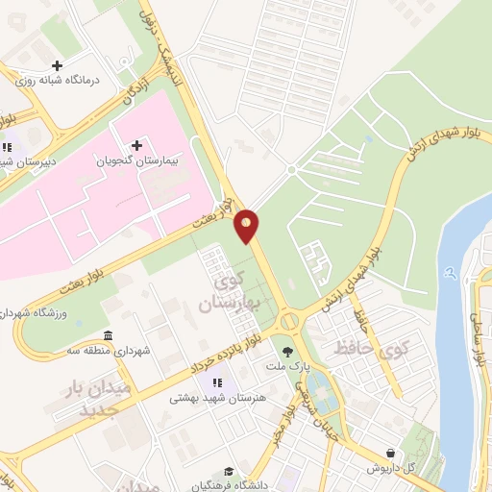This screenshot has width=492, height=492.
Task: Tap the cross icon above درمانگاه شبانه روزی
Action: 57,65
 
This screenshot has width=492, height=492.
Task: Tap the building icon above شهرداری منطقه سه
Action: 108,335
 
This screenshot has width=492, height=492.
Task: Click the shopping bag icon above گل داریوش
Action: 390,452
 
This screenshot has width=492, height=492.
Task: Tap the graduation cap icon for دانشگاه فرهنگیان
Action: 229,471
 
